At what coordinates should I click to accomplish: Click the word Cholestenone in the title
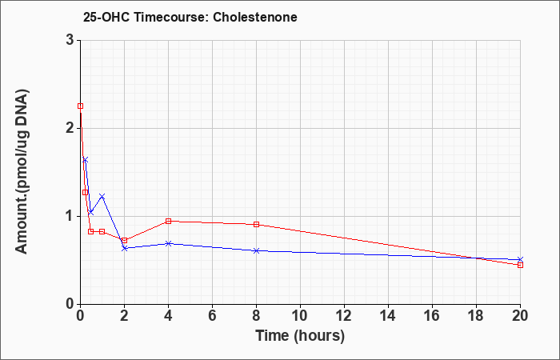pos(255,17)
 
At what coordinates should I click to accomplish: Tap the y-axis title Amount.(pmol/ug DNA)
pos(22,171)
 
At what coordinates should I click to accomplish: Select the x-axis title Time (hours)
pos(300,336)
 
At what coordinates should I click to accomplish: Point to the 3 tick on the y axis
pos(70,40)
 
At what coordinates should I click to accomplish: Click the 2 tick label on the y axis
pos(70,128)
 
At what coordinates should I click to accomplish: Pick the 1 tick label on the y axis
pos(70,216)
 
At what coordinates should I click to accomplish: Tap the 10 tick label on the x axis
pos(300,316)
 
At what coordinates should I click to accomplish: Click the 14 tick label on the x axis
pos(388,316)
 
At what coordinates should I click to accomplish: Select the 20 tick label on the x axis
pos(520,316)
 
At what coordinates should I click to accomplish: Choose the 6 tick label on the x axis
pos(212,316)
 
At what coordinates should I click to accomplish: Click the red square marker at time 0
pos(80,106)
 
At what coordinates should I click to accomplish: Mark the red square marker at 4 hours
pos(169,221)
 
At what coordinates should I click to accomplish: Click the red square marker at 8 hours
pos(257,224)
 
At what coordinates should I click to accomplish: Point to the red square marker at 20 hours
pos(520,265)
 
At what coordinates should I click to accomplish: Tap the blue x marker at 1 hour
pos(102,197)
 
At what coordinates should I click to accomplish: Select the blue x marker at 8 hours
pos(257,250)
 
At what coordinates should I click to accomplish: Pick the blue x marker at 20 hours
pos(520,260)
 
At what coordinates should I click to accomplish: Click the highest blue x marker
pos(85,160)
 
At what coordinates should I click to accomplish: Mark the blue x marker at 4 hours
pos(169,243)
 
